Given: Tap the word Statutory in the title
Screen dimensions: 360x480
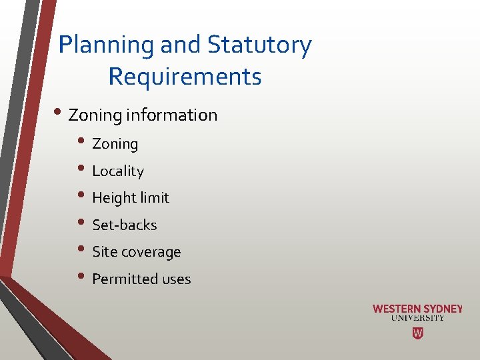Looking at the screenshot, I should point(259,45).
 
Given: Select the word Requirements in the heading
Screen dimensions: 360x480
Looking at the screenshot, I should point(185,77).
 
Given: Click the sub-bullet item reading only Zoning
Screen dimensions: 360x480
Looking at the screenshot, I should point(115,143).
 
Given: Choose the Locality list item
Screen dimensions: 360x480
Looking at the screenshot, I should point(118,171).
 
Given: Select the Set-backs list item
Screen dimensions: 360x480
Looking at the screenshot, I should point(125,225).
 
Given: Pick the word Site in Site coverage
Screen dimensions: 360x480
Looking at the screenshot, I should point(104,252).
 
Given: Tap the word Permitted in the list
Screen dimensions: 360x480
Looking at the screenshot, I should point(121,279).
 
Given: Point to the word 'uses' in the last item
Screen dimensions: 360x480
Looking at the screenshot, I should point(176,279).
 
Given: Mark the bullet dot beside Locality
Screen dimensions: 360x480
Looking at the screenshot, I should point(82,169).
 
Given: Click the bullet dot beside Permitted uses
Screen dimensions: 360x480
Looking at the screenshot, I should point(82,277).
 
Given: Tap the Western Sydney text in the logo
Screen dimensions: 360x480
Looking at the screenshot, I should point(417,309).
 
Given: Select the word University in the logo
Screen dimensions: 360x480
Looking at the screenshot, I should point(417,318).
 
